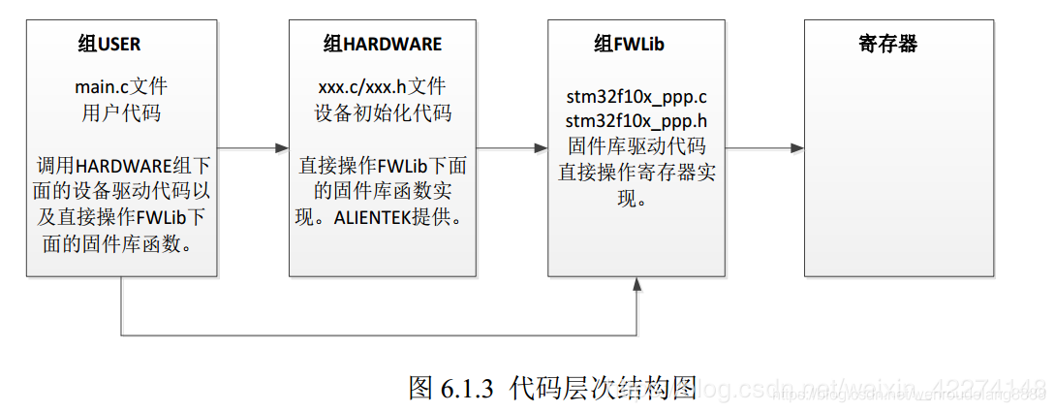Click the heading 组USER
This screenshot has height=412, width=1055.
tap(109, 45)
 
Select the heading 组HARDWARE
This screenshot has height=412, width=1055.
tap(382, 45)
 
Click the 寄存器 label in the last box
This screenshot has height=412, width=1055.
tap(887, 45)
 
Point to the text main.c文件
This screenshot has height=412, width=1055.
tap(121, 87)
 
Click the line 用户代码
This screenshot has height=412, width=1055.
tap(121, 112)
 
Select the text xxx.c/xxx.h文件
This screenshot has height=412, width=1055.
tap(383, 87)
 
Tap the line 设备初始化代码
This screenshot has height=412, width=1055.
tap(383, 112)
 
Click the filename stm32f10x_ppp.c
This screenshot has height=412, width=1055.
tap(636, 98)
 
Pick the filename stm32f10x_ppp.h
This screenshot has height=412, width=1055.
tap(636, 122)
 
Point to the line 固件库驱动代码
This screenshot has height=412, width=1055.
tap(636, 147)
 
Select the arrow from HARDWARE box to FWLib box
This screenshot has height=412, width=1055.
tap(512, 148)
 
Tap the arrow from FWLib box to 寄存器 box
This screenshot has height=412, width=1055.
tap(765, 148)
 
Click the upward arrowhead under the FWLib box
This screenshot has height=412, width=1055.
tap(636, 283)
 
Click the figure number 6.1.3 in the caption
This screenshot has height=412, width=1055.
tap(467, 389)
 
